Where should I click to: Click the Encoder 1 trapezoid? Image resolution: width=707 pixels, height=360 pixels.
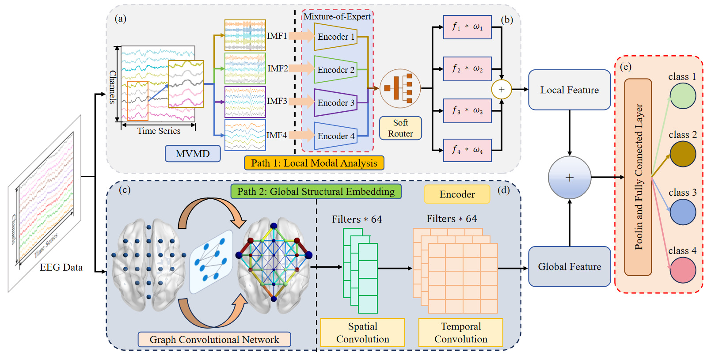[x=335, y=37]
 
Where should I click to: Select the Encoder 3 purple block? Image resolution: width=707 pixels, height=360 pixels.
[x=335, y=102]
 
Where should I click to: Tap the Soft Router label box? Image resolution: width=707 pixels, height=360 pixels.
[x=400, y=128]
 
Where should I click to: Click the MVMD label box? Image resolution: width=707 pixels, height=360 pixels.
[x=193, y=154]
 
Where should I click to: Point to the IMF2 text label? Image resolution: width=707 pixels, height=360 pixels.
[x=277, y=68]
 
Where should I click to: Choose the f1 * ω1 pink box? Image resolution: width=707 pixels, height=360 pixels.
[x=467, y=27]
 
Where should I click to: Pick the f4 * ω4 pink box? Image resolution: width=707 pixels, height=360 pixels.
[x=467, y=150]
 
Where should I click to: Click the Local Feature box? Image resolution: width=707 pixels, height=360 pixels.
[x=569, y=90]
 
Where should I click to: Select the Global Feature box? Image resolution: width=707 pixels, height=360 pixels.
[x=569, y=266]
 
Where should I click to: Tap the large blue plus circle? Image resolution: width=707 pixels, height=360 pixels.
[x=569, y=178]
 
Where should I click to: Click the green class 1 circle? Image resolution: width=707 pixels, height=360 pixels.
[x=683, y=96]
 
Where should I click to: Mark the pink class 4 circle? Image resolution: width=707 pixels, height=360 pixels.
[x=683, y=270]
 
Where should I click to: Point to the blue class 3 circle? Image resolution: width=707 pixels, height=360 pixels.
[x=683, y=212]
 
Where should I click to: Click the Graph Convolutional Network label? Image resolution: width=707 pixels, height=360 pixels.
[x=214, y=339]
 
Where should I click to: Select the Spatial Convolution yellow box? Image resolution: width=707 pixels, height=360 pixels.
[x=362, y=333]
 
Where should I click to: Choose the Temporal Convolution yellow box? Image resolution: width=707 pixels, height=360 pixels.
[x=460, y=333]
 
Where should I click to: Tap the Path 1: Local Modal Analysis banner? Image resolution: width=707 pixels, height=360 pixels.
[x=314, y=163]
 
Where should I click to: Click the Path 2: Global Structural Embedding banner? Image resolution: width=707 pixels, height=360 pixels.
[x=315, y=191]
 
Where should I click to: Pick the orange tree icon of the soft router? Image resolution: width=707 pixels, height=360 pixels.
[x=399, y=88]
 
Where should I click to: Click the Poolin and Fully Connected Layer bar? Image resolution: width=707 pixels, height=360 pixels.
[x=638, y=177]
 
